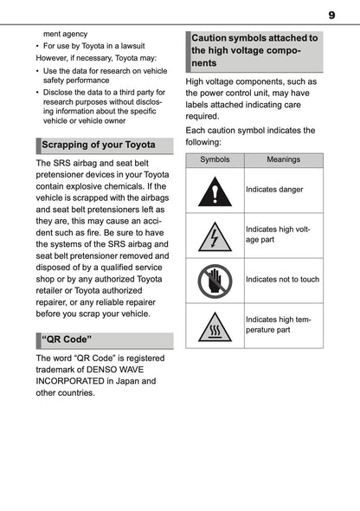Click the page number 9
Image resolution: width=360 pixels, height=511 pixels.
[332, 15]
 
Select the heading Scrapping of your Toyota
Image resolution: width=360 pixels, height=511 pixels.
[99, 145]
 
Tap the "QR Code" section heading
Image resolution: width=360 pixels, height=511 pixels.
[67, 339]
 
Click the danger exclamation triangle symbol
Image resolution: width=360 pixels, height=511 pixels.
[215, 191]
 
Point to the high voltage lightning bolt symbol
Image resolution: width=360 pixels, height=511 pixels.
[215, 235]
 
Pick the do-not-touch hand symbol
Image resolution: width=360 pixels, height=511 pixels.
[215, 281]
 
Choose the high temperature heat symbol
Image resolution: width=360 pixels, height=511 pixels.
[215, 327]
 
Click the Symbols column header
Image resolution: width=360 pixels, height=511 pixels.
[215, 160]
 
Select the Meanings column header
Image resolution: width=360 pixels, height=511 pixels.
[283, 160]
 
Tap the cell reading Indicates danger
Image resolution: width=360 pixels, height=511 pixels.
[274, 189]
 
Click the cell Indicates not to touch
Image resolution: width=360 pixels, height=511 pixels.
[282, 280]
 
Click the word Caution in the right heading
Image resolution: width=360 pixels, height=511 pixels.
[214, 38]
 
